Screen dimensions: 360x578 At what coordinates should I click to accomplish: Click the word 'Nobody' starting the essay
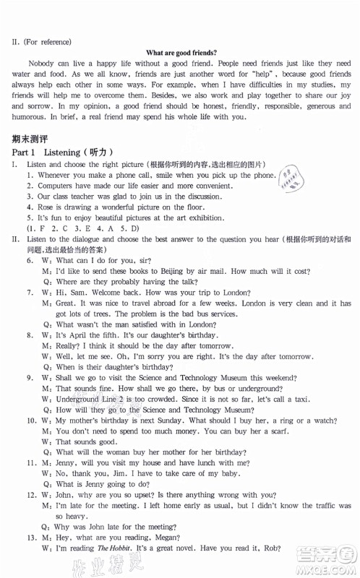(x=45, y=66)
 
